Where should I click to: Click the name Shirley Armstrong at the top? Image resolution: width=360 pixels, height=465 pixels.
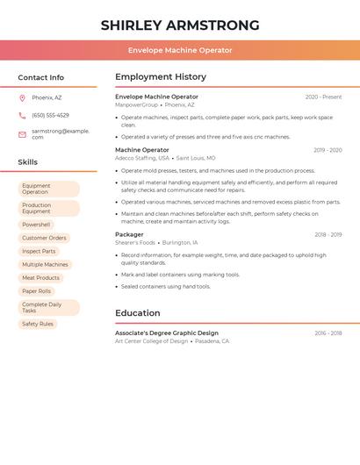[180, 25]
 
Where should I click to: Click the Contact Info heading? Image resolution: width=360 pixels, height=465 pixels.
[41, 77]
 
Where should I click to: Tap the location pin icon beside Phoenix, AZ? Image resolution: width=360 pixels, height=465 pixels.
[22, 97]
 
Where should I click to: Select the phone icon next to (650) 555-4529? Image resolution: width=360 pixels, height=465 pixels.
[22, 116]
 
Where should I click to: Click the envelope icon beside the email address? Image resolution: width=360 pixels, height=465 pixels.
[22, 134]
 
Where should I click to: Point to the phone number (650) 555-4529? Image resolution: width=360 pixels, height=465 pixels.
[50, 116]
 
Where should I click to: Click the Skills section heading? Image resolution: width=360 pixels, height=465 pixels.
[28, 162]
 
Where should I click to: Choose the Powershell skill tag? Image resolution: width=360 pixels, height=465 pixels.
[36, 225]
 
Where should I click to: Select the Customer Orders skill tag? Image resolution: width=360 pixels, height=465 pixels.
[44, 238]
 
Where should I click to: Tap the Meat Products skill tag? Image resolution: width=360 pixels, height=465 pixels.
[41, 277]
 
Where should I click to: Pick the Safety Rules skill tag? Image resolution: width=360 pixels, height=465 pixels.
[38, 324]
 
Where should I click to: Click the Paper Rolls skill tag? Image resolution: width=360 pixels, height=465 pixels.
[37, 291]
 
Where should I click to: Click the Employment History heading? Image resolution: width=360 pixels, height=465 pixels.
[161, 77]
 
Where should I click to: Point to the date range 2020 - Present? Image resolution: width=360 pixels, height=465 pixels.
[323, 97]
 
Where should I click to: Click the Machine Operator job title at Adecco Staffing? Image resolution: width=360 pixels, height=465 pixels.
[142, 150]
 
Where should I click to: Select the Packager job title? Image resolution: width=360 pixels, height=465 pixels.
[129, 234]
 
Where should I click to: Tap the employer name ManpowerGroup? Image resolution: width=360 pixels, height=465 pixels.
[137, 104]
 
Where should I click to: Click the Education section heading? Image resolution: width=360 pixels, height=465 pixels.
[138, 313]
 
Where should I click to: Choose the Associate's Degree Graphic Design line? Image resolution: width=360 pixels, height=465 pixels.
[167, 333]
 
